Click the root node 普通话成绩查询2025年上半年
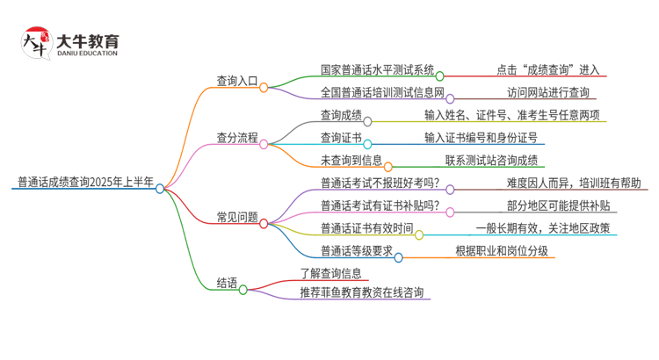(84, 183)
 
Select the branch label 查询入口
(237, 82)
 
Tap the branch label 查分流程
(237, 138)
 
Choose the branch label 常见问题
(237, 217)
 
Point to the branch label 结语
(227, 283)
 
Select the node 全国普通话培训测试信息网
(383, 92)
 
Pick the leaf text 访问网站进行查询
(548, 92)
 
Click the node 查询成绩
(341, 114)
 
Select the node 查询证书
(341, 137)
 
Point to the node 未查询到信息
(351, 160)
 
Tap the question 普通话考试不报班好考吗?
(380, 184)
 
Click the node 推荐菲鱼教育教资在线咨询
(365, 292)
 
